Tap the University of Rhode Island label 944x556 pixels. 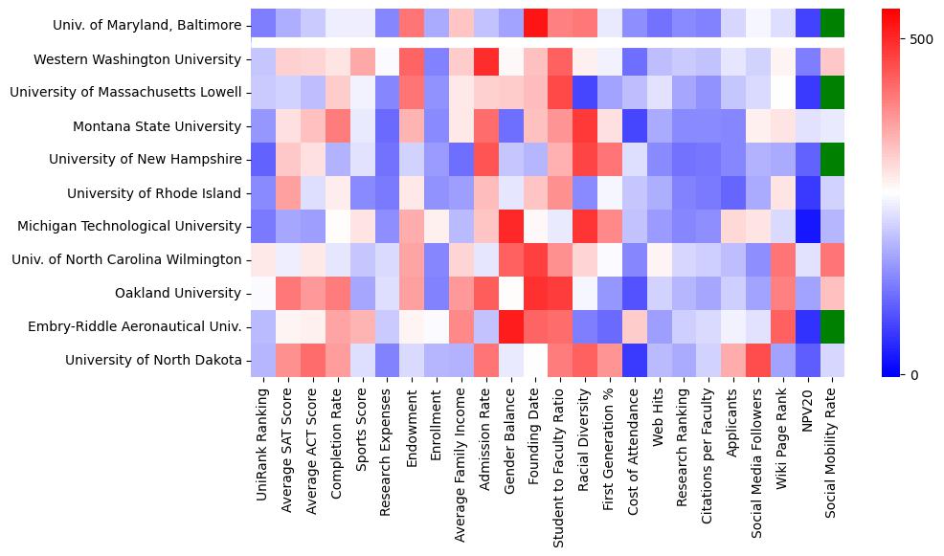click(x=154, y=193)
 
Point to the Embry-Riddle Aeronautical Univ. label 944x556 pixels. click(x=154, y=326)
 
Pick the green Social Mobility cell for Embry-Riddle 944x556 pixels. click(x=833, y=326)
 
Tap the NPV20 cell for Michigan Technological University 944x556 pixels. click(x=809, y=227)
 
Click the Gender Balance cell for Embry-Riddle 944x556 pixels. click(x=510, y=326)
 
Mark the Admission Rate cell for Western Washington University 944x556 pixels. click(x=485, y=60)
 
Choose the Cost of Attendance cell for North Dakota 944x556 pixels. click(x=635, y=360)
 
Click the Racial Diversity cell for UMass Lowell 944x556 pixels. click(x=585, y=93)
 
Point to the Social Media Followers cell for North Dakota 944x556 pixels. click(x=759, y=360)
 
